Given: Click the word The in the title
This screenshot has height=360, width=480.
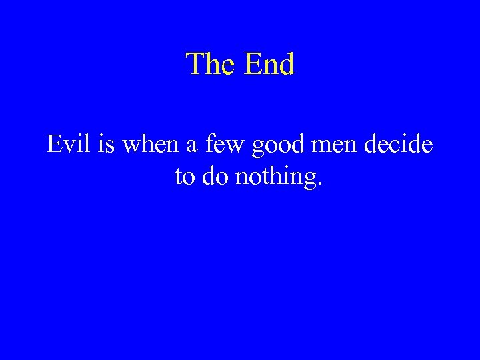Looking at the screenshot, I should [x=212, y=65].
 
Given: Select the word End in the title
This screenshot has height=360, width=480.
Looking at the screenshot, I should [x=269, y=65].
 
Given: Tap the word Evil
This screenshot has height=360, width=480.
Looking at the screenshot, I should [x=68, y=144].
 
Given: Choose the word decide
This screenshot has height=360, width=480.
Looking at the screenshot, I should [x=400, y=144].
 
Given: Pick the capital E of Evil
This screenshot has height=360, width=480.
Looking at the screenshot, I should [x=54, y=144].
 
